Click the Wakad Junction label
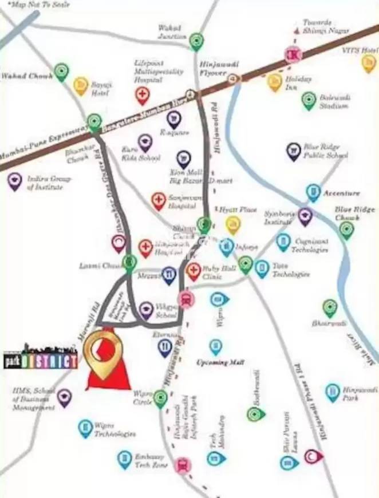pos(172,32)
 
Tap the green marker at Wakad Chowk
pos(61,72)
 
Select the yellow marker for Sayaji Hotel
pos(81,86)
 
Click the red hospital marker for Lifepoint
pos(143,95)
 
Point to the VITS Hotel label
pos(359,51)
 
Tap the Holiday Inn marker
pos(275,82)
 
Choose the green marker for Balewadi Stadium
pos(309,100)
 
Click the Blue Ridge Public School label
pos(326,151)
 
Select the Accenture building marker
pos(313,192)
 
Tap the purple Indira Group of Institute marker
pos(15,181)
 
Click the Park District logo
pos(40,357)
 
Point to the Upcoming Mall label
pos(220,363)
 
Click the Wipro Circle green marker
pos(160,398)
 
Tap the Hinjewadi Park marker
pos(333,392)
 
